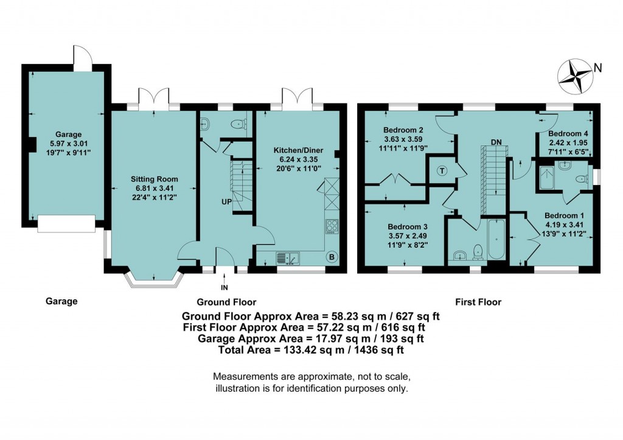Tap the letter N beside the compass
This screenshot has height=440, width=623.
pyautogui.click(x=598, y=69)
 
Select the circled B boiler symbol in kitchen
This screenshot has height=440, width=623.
pyautogui.click(x=332, y=257)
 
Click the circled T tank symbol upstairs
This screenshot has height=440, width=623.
pyautogui.click(x=442, y=171)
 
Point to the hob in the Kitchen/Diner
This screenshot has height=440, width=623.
pyautogui.click(x=332, y=226)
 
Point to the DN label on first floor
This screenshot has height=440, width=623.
pyautogui.click(x=496, y=142)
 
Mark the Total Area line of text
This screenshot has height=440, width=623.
pyautogui.click(x=311, y=350)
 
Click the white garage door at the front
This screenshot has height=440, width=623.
pyautogui.click(x=66, y=223)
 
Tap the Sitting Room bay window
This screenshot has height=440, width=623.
pyautogui.click(x=152, y=279)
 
